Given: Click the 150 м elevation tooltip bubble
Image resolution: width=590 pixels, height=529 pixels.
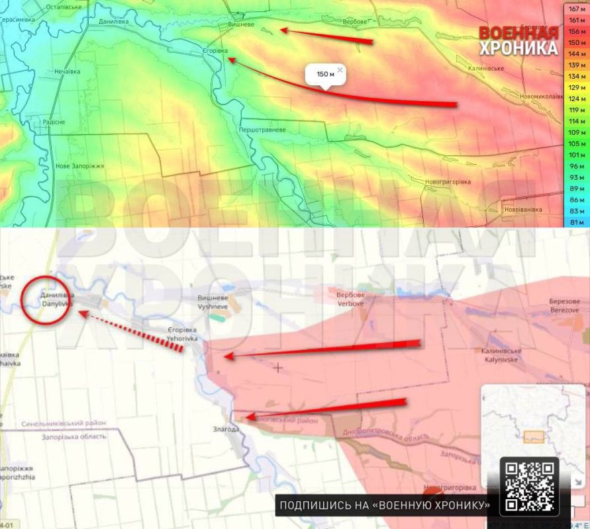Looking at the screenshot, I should [324, 75].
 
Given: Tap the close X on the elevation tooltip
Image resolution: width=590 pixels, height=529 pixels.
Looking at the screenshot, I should [340, 69].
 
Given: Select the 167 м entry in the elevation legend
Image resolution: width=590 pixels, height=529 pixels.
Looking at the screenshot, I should [577, 9].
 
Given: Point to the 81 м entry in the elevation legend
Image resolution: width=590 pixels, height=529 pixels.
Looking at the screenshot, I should [577, 222].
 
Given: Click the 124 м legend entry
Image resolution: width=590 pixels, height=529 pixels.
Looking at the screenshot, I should [577, 99].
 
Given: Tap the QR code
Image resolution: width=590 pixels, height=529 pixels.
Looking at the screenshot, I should [529, 486].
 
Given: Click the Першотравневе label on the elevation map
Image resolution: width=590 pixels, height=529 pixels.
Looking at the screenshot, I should [263, 130].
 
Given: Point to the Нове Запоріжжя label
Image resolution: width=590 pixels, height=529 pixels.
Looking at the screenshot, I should [80, 166].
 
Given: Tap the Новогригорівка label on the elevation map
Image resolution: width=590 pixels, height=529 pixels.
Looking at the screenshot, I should [448, 182].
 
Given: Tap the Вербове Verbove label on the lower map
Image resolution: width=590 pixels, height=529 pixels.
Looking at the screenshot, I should [351, 298].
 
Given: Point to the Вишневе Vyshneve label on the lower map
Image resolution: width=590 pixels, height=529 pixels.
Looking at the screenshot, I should [213, 302].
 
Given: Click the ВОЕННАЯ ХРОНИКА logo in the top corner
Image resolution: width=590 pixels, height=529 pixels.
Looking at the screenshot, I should [518, 41].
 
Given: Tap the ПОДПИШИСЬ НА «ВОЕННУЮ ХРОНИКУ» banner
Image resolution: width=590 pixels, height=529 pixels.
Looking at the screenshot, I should [385, 506].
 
